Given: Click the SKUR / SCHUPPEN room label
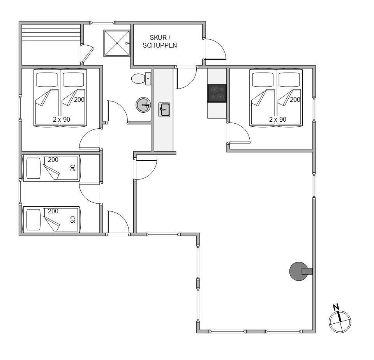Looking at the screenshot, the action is pos(160,41).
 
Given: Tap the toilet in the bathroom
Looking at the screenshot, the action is pos(141,78).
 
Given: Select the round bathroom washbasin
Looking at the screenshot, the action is pos(143,105).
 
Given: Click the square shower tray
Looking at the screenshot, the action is pos(117,43).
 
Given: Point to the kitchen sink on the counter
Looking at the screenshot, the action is pos(164,110).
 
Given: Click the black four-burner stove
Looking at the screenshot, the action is pos(217,93).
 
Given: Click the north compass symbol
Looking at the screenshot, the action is pos(340,321).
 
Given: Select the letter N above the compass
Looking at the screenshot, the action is pos(336,307).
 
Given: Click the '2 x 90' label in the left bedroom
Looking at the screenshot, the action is pos(62,119).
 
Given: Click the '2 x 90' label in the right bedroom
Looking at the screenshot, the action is pos(278,119).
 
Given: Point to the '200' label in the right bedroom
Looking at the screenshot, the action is pos(295,99).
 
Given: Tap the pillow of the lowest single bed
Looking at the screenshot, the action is pos(34,220).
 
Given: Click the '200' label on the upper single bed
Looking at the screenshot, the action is pos(53,160).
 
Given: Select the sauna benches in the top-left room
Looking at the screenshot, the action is pos(51,32).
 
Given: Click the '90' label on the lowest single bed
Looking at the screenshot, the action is pos(73,220).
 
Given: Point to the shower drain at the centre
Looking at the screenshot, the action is pos(117,43).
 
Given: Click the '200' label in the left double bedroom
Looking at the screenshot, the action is pos(79,99).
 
